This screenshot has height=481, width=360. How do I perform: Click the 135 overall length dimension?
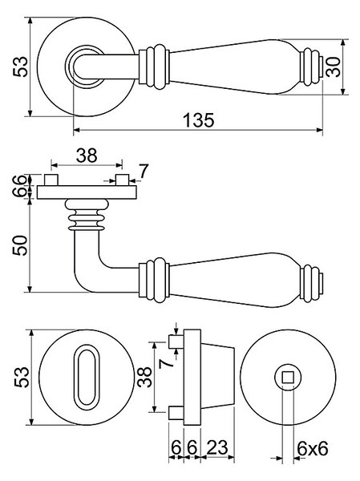click(199, 119)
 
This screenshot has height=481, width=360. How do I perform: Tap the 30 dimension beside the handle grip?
click(334, 67)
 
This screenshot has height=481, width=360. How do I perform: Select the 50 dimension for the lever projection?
click(20, 245)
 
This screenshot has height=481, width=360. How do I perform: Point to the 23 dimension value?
click(217, 447)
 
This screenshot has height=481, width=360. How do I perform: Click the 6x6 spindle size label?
click(313, 449)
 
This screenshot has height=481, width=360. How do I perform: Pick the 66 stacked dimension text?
click(20, 186)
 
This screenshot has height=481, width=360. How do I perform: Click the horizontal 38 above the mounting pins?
click(87, 156)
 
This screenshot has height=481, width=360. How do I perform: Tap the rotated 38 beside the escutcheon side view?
click(145, 377)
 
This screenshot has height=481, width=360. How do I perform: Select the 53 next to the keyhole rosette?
click(22, 377)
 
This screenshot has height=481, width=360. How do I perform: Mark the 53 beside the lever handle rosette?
click(21, 67)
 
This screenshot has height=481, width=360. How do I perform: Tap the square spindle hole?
click(288, 377)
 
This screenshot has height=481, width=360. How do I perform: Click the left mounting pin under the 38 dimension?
click(51, 180)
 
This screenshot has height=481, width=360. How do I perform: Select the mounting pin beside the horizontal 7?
click(122, 180)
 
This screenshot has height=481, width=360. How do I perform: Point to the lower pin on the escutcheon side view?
click(176, 413)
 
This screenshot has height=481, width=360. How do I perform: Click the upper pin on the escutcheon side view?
click(176, 342)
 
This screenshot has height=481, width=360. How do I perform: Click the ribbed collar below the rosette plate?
click(87, 215)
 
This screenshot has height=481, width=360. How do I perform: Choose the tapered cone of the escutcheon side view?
click(217, 377)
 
